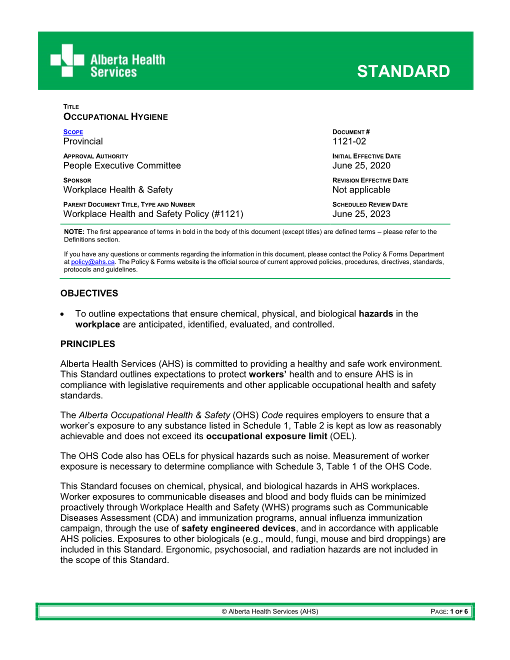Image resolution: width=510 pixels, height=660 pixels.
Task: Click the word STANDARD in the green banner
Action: click(x=403, y=71)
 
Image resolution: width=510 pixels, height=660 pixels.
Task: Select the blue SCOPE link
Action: click(x=73, y=132)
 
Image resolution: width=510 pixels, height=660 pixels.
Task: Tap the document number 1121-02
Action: click(x=349, y=141)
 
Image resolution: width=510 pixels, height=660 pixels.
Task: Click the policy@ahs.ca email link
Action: click(x=92, y=262)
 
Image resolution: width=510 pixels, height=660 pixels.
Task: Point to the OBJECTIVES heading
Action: click(x=89, y=293)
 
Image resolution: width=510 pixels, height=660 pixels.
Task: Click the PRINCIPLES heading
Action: click(x=87, y=344)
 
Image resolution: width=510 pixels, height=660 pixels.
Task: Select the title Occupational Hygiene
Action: click(x=115, y=117)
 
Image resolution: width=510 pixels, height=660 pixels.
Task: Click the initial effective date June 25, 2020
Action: click(x=361, y=165)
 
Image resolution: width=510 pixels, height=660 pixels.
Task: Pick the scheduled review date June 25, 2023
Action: click(x=361, y=214)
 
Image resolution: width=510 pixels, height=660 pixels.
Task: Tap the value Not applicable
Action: click(x=361, y=190)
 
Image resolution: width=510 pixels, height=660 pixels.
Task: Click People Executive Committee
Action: click(x=122, y=165)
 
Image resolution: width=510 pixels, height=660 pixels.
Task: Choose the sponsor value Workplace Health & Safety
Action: click(x=118, y=190)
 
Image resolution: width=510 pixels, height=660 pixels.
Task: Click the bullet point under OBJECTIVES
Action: click(x=62, y=314)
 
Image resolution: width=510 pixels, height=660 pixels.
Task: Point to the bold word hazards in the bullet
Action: click(x=375, y=314)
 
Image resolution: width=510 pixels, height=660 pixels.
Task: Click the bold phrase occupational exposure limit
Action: click(x=266, y=436)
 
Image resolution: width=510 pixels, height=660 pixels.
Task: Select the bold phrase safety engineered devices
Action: click(x=238, y=528)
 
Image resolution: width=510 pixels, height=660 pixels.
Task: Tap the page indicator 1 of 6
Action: click(x=458, y=611)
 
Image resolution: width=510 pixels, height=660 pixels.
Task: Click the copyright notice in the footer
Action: click(x=270, y=611)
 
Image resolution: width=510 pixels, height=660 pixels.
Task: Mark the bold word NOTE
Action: click(x=74, y=232)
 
